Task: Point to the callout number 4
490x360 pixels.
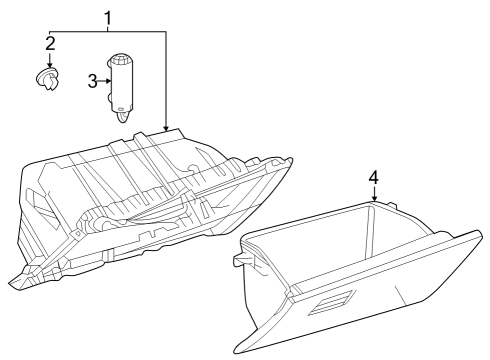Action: (x=373, y=177)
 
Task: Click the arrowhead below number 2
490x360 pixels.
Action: (x=49, y=66)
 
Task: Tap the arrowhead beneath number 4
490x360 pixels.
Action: (x=373, y=199)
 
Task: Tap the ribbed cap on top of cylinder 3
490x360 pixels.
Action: (x=124, y=59)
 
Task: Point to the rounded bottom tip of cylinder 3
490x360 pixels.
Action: (x=122, y=116)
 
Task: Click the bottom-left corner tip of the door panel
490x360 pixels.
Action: (x=238, y=350)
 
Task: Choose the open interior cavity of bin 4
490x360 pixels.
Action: (x=330, y=250)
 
